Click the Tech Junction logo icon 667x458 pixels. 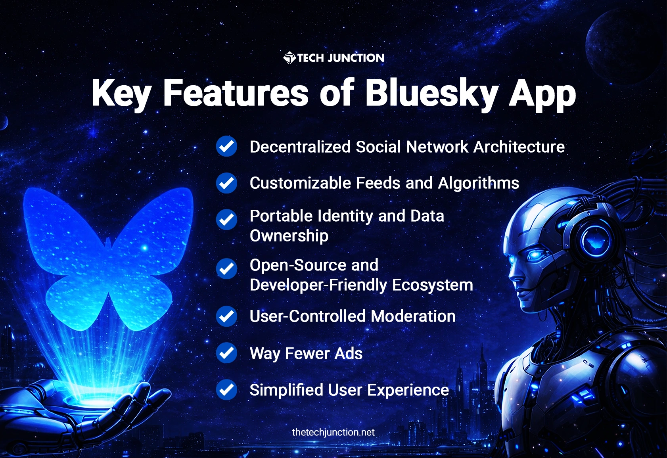(x=289, y=58)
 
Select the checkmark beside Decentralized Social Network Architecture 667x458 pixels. (x=226, y=146)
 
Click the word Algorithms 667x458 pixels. (x=478, y=183)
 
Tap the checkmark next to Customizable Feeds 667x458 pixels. (x=226, y=183)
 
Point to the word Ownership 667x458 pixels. (x=289, y=236)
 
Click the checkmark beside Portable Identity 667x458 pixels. (x=226, y=219)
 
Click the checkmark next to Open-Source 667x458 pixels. (x=226, y=268)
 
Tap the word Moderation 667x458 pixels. (x=413, y=316)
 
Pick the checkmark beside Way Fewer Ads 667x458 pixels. (x=226, y=353)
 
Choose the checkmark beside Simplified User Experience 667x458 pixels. (x=226, y=389)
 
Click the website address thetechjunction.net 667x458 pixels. (x=333, y=432)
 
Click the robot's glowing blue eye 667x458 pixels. (x=536, y=254)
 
